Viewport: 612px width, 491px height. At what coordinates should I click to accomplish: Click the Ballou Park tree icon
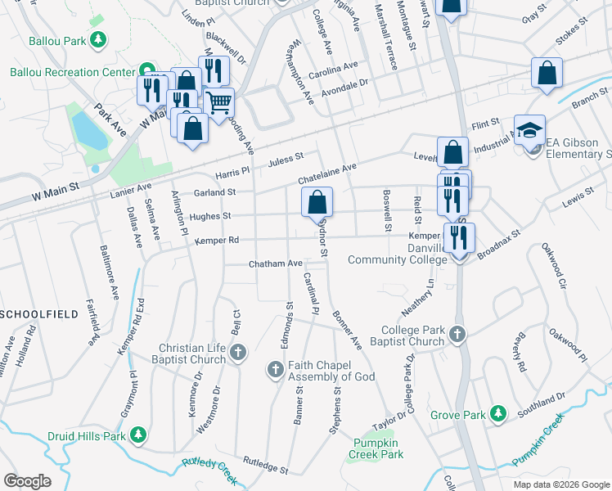coord(98,39)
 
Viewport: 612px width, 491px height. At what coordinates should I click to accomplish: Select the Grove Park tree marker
coord(497,415)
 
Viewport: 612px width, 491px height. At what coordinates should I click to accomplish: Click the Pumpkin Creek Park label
coord(376,448)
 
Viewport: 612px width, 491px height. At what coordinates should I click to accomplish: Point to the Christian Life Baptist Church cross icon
coord(238,354)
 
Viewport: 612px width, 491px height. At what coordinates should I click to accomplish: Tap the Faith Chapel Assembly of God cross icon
coord(275,370)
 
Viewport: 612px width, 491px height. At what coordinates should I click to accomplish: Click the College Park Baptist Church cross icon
coord(457,334)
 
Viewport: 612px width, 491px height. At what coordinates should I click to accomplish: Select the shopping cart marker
coord(218,103)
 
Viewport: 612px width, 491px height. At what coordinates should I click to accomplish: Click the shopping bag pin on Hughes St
coord(317,201)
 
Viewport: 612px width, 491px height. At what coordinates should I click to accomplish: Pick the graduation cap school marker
coord(529,129)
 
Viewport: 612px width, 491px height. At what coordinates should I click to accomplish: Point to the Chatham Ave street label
coord(276,264)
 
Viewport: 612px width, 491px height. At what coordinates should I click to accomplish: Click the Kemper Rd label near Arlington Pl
coord(216,241)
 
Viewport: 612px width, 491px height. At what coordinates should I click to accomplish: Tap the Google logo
coord(28,481)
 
